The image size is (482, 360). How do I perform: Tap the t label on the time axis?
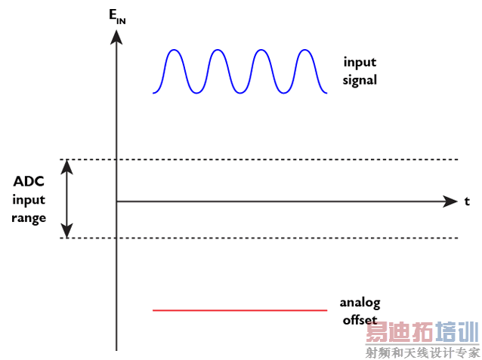(x=467, y=201)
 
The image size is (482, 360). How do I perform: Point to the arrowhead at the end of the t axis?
(x=451, y=202)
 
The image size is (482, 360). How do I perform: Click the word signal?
(x=359, y=80)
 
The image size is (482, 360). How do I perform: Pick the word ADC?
(x=29, y=182)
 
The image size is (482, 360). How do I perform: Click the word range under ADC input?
(x=29, y=218)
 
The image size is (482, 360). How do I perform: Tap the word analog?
(x=360, y=303)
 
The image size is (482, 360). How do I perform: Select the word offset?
(x=360, y=319)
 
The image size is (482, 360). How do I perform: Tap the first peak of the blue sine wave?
(x=175, y=51)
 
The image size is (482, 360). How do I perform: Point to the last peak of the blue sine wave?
(x=304, y=51)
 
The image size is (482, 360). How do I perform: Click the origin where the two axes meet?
(x=117, y=202)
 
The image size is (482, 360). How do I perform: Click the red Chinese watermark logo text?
(x=422, y=333)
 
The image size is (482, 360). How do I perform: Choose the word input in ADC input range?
(x=29, y=200)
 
